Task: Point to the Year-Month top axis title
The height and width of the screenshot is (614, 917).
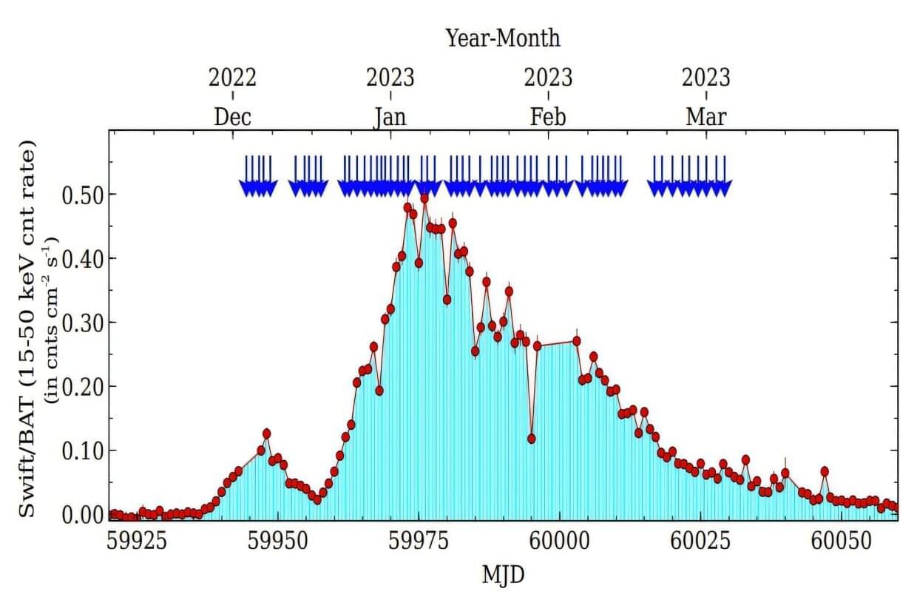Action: point(502,38)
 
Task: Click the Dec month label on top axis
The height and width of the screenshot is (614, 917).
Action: point(233,117)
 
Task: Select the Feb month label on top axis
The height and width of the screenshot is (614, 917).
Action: point(548,117)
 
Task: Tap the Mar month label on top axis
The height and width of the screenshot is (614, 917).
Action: point(706,117)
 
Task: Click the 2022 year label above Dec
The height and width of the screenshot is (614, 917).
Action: point(233,77)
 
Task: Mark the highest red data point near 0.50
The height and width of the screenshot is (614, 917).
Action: point(424,198)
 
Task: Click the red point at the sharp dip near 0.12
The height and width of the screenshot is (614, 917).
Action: point(531,439)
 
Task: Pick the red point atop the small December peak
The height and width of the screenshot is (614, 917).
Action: point(266,433)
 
